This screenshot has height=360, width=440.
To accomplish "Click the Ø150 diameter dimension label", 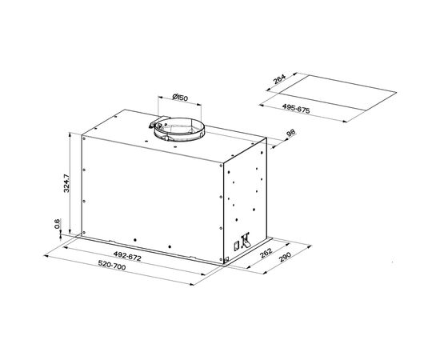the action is coord(180,98).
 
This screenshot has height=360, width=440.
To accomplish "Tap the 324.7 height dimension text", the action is coord(66,183).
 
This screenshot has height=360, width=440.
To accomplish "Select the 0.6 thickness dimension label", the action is coord(57,224).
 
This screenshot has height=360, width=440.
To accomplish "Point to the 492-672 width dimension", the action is coord(127,256).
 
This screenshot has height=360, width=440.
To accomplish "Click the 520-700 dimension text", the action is coord(112,265).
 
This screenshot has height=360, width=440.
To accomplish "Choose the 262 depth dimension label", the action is coord(266,253).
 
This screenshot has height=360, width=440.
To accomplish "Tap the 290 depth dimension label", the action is coord(286,257).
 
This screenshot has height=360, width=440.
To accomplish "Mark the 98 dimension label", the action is coord(290,133).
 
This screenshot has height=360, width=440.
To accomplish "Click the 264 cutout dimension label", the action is coord(279,79).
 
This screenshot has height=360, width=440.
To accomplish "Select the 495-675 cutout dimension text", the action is coord(296,109).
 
